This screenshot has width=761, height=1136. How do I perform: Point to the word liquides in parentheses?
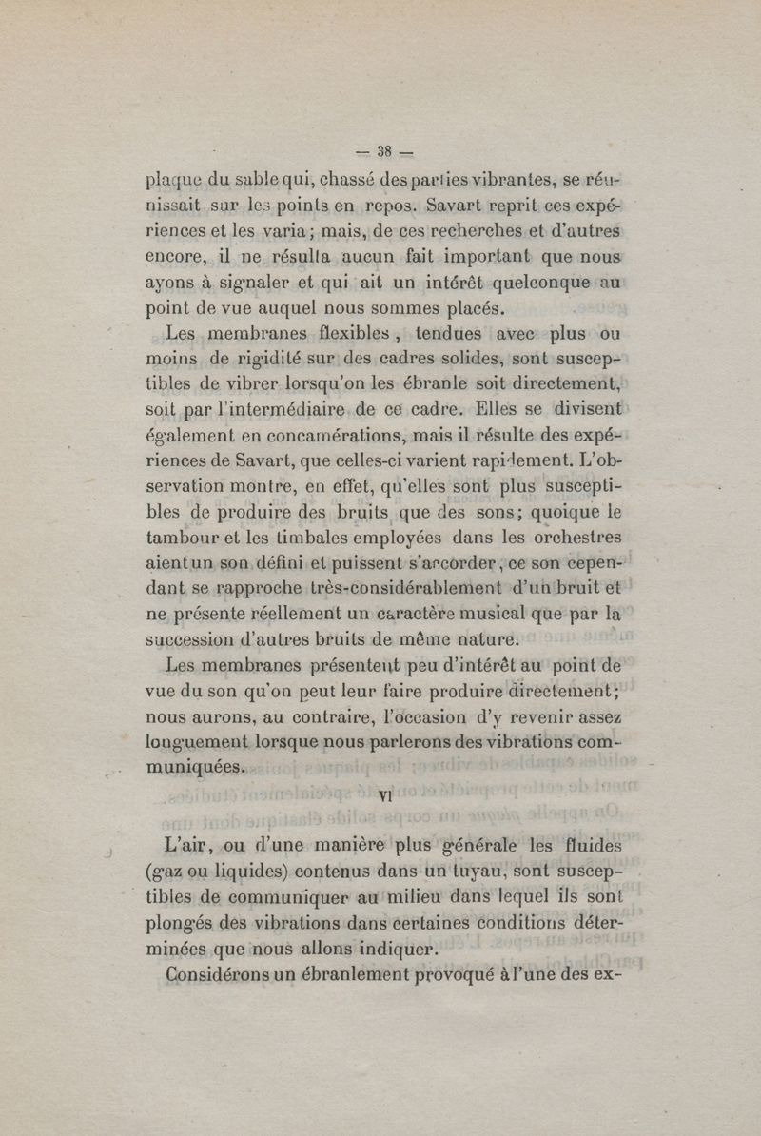pyautogui.click(x=245, y=871)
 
